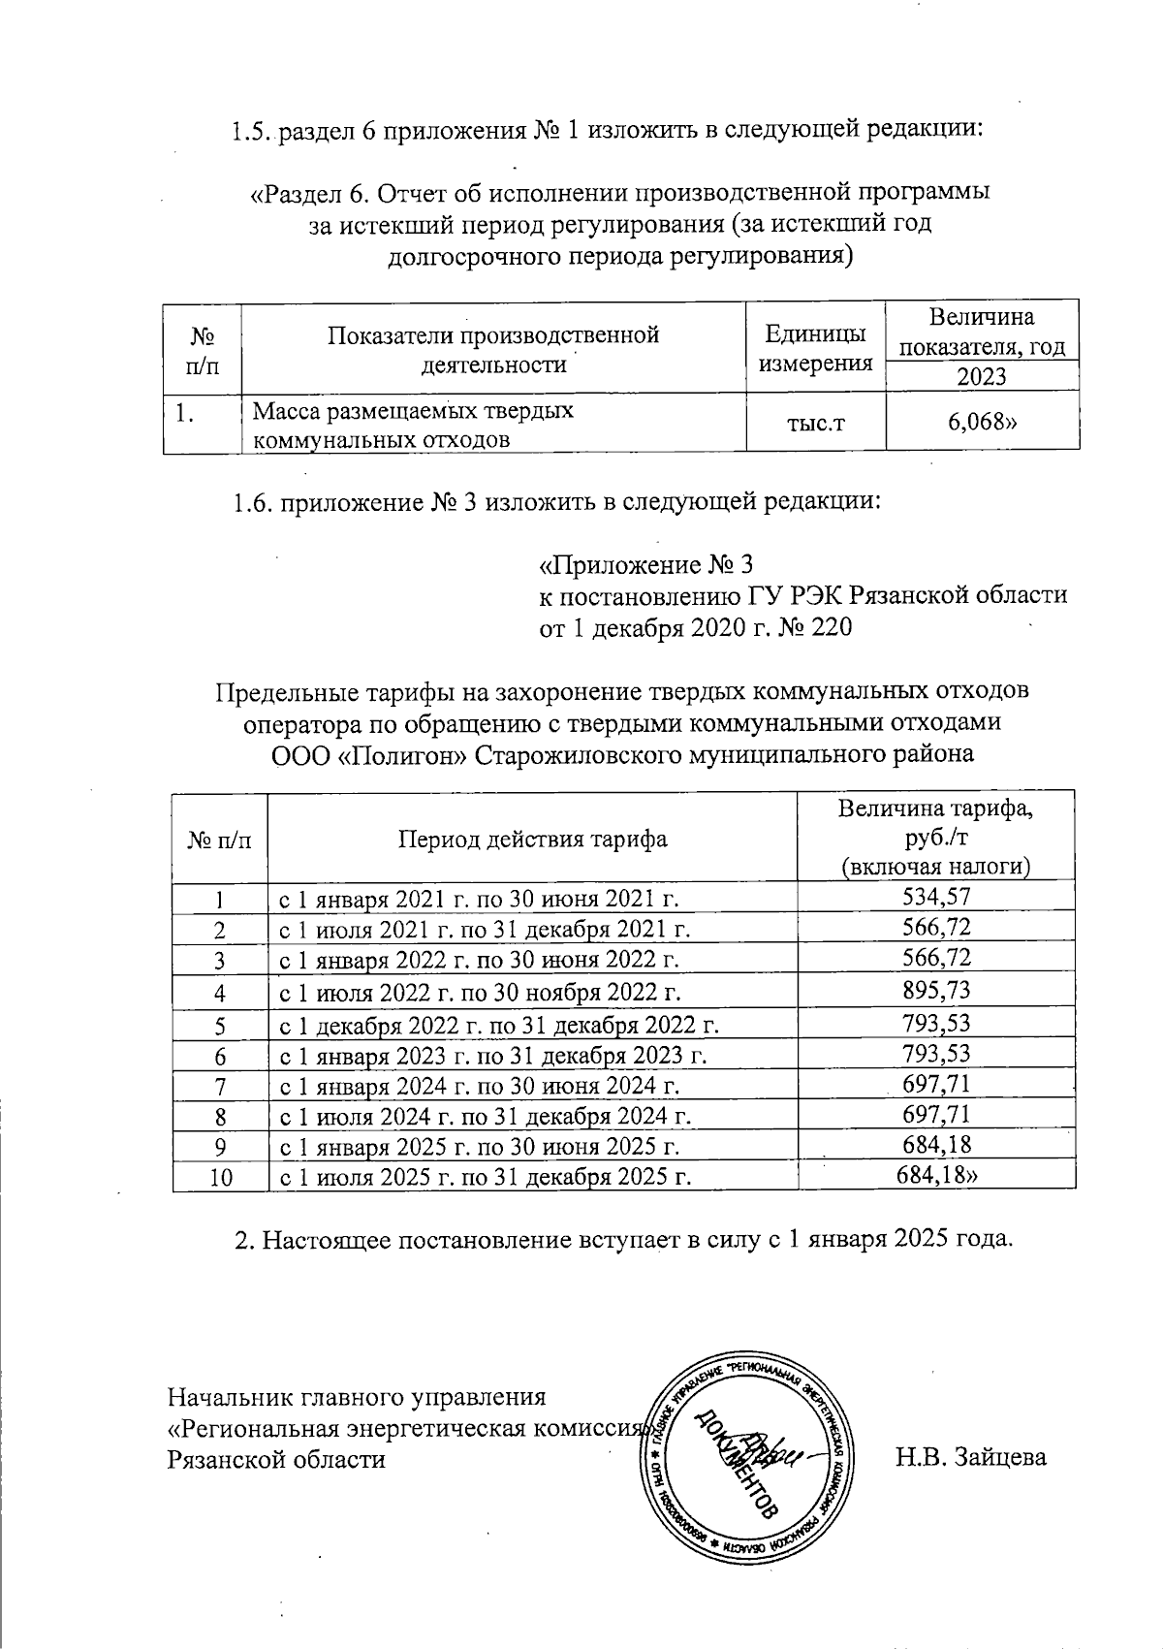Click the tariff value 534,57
pos(936,897)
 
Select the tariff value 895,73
pos(936,991)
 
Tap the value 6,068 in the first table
pos(983,421)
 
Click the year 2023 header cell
pos(982,376)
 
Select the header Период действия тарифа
pos(532,838)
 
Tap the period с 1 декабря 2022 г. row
pos(499,1024)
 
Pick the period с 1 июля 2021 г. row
pos(485,930)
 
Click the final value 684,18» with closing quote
pos(938,1177)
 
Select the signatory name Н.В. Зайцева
pos(971,1456)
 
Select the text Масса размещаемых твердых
pos(412,411)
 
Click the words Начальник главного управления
pos(358,1397)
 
